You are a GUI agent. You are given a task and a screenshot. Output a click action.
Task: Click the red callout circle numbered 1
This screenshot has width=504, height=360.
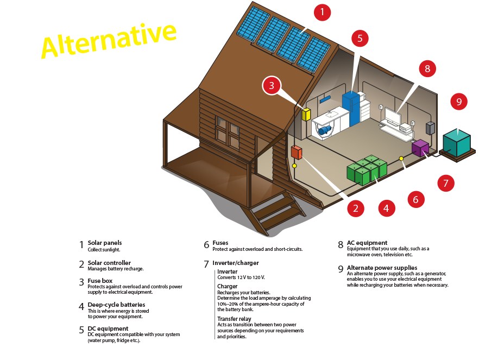click(x=322, y=12)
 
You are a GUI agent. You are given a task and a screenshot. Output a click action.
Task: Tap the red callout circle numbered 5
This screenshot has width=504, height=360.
click(x=360, y=38)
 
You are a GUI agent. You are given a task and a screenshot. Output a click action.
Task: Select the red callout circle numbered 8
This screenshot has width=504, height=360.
click(x=427, y=68)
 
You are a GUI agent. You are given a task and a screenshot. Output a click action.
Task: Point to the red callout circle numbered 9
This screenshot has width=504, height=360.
click(x=459, y=102)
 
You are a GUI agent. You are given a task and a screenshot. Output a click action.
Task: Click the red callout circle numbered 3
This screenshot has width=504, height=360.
click(x=272, y=85)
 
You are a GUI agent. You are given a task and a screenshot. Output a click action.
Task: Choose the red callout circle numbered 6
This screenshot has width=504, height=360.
click(x=415, y=199)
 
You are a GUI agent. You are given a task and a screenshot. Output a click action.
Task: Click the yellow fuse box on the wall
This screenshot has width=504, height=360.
click(x=306, y=114)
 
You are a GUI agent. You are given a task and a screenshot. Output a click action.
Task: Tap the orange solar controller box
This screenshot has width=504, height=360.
click(x=297, y=153)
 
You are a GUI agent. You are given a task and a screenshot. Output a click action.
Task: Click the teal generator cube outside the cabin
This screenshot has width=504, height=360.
click(x=457, y=142)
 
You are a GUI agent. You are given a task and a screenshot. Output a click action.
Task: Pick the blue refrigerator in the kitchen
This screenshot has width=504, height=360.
click(x=350, y=109)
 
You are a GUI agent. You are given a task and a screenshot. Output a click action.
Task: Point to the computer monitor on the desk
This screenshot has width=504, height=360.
click(x=393, y=117)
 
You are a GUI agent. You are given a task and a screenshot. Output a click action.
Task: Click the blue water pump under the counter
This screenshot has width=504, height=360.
click(x=325, y=130)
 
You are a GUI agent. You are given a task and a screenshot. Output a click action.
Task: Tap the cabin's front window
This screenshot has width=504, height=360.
click(x=228, y=132)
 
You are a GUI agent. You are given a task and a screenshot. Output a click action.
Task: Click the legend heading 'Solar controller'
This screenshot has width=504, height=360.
click(x=109, y=263)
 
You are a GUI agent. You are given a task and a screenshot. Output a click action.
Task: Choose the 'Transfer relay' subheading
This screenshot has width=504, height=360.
click(x=234, y=319)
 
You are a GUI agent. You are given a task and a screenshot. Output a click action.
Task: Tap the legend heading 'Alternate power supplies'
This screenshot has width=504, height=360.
click(x=382, y=268)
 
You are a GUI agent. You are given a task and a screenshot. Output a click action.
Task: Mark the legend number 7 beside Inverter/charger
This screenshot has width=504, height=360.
click(x=206, y=264)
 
